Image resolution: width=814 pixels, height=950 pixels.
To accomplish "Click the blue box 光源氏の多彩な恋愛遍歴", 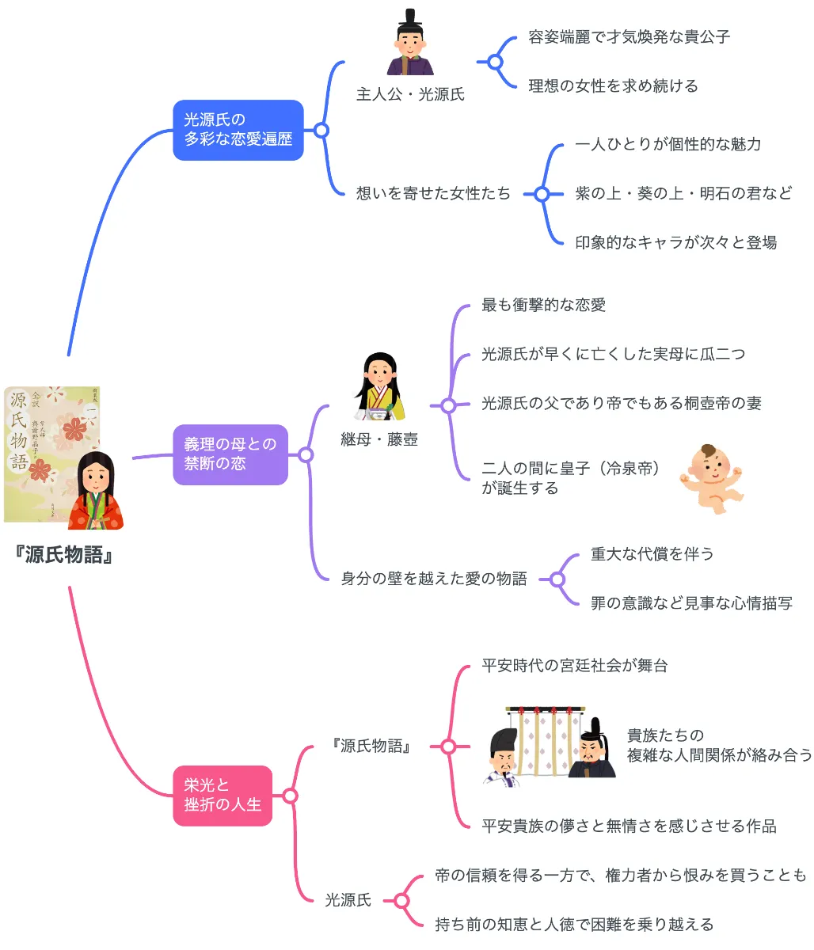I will (x=238, y=130).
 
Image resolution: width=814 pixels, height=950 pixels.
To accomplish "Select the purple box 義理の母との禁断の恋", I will (x=230, y=454).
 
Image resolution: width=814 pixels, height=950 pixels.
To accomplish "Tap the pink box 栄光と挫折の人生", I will (x=223, y=795).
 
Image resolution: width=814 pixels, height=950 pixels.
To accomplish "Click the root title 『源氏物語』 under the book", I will (x=64, y=555).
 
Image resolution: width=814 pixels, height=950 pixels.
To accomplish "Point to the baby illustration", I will (x=710, y=479).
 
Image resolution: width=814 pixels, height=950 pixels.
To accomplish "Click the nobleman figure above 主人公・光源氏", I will (x=410, y=44).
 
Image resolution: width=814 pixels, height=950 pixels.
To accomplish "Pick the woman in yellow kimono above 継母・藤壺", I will (x=379, y=388).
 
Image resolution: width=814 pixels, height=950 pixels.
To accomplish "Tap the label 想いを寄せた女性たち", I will (x=433, y=193).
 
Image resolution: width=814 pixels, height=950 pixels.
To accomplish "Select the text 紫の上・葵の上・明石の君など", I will (x=683, y=193).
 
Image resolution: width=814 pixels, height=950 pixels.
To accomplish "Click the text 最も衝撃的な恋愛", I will (x=543, y=306).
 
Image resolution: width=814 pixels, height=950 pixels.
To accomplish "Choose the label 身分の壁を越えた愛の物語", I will (x=434, y=579).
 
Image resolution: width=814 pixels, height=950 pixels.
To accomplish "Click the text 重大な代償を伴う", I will (x=652, y=554).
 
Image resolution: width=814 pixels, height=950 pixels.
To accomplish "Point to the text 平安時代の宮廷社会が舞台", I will (x=574, y=666).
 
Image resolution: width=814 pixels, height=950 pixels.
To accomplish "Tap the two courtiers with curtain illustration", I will (x=549, y=744).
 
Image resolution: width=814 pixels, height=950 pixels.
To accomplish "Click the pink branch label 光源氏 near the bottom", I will (x=348, y=900).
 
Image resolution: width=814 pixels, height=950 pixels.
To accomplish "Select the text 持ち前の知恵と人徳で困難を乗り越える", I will (x=574, y=924).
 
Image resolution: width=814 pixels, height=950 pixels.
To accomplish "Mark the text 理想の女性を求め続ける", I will (x=613, y=85).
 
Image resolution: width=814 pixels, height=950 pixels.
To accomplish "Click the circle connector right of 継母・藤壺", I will (x=448, y=405).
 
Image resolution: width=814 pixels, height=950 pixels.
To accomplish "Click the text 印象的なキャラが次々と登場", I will (x=675, y=242).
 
